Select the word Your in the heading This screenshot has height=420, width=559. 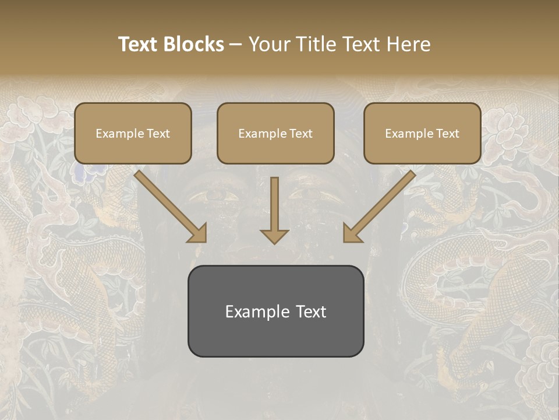(268, 44)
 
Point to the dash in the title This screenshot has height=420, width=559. (236, 45)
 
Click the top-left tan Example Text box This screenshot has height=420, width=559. (133, 133)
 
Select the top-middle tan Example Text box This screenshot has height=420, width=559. (275, 133)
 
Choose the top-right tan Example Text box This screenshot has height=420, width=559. (422, 133)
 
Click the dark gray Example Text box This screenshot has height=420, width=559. (275, 311)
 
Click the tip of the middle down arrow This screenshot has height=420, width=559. (274, 242)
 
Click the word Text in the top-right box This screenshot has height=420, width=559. (447, 134)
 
